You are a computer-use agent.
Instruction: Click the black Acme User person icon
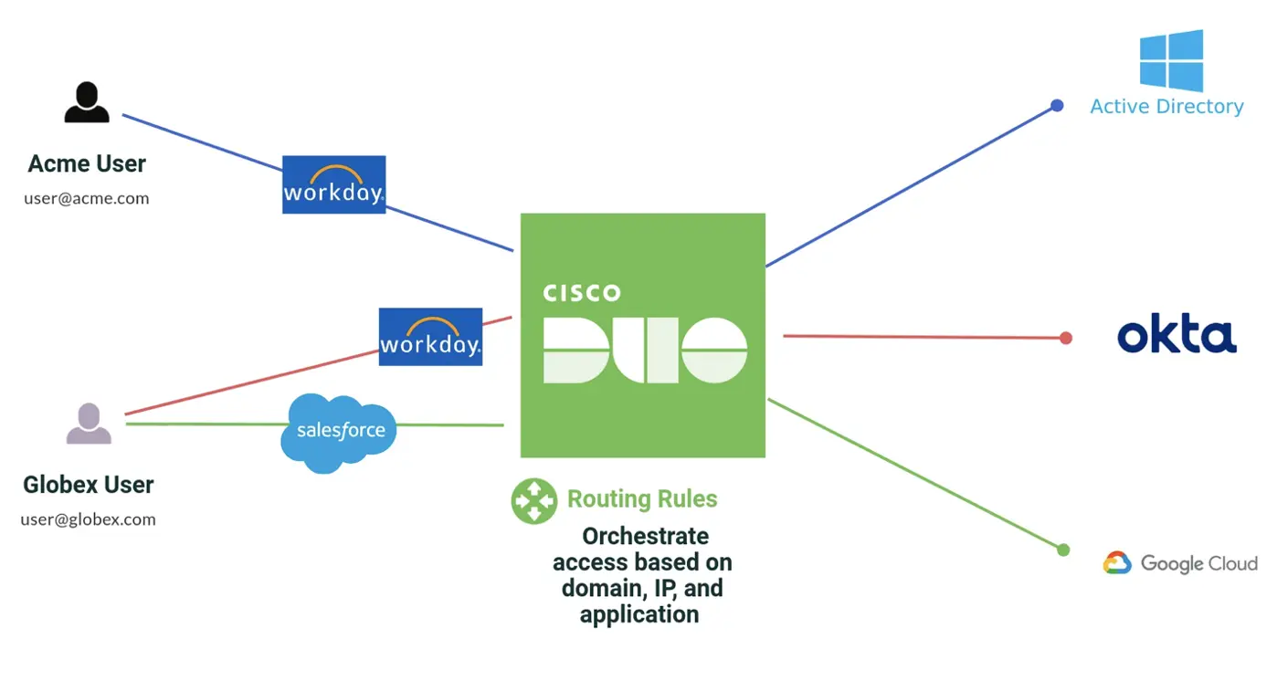click(87, 102)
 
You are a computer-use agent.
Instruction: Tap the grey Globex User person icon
click(89, 424)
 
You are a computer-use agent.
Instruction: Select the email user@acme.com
click(87, 198)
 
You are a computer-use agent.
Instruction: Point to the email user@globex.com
click(88, 519)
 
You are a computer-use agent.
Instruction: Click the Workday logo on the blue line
click(333, 184)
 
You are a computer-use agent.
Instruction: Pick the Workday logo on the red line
click(430, 337)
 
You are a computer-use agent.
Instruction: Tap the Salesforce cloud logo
click(340, 432)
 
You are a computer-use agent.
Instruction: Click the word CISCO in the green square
click(582, 293)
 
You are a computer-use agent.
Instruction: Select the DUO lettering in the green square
click(645, 350)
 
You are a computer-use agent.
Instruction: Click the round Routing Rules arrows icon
click(533, 501)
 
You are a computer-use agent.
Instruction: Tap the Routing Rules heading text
click(642, 499)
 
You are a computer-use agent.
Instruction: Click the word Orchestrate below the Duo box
click(645, 536)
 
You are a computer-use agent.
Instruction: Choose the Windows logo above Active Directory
click(1171, 60)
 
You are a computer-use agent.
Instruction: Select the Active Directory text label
click(1166, 107)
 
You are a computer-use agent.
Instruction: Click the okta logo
click(1177, 337)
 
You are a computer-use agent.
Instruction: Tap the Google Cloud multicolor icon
click(1116, 563)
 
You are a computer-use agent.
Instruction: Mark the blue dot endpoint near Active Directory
click(1057, 106)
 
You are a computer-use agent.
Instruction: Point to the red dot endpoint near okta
click(1065, 338)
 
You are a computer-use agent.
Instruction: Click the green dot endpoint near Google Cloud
click(1062, 550)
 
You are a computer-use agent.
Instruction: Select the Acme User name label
click(87, 164)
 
